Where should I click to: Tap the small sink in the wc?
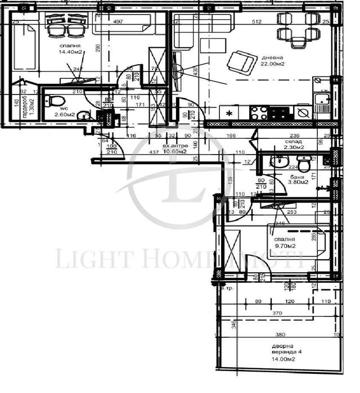[84, 116]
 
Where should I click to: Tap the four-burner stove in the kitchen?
[259, 112]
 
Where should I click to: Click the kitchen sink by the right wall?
[322, 102]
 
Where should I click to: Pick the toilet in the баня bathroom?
[304, 164]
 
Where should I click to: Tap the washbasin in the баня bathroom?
[278, 162]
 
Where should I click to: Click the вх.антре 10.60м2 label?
[174, 148]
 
